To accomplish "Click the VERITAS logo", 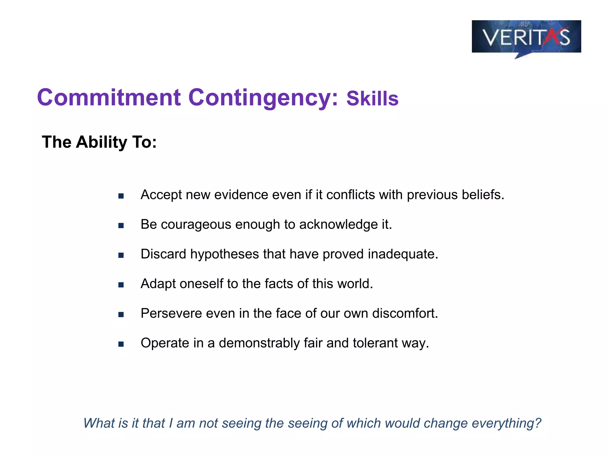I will (526, 37).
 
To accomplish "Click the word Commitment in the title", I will (109, 98).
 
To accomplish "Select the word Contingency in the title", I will (263, 98).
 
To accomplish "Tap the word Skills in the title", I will (372, 99).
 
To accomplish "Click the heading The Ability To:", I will (99, 142).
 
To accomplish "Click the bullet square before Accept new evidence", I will (121, 196).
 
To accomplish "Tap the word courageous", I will (196, 225).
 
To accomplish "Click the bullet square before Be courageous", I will (121, 226).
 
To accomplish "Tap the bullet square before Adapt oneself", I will (121, 285).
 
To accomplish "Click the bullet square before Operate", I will (121, 344).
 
